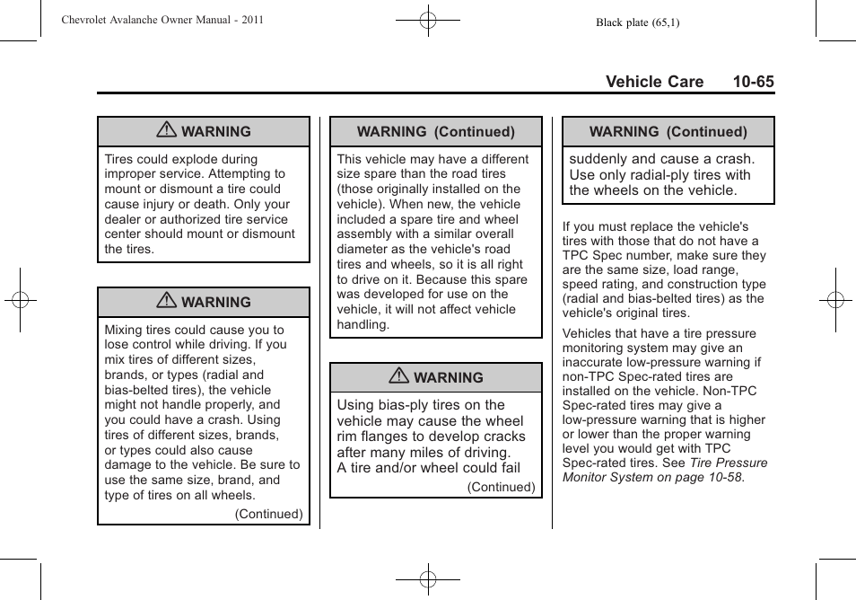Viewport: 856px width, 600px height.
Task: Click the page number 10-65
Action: coord(752,82)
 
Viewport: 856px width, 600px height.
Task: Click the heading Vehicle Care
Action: coord(654,82)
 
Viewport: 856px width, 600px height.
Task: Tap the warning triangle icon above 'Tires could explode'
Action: coord(166,131)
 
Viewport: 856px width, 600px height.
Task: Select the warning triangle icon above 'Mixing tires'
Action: coord(166,302)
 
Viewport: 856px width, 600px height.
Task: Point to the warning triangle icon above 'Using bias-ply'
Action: coord(399,377)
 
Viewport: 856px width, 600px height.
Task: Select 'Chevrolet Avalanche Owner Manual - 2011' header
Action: coord(162,19)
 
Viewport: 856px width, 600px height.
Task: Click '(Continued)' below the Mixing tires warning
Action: coord(268,515)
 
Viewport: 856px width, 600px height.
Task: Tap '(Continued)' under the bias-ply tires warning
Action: coord(501,487)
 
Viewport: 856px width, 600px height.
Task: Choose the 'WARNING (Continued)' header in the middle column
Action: coord(436,132)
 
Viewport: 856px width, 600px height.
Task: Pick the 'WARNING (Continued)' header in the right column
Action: coord(668,132)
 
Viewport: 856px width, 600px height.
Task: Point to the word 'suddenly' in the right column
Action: coord(599,159)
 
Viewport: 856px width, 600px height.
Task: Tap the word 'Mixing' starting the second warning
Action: coord(124,330)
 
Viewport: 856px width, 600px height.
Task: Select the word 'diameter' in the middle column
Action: coord(362,249)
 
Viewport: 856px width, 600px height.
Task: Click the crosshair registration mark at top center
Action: coord(428,19)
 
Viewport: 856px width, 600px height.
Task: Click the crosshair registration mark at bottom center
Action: coord(428,579)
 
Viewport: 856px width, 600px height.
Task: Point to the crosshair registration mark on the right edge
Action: coord(834,300)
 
